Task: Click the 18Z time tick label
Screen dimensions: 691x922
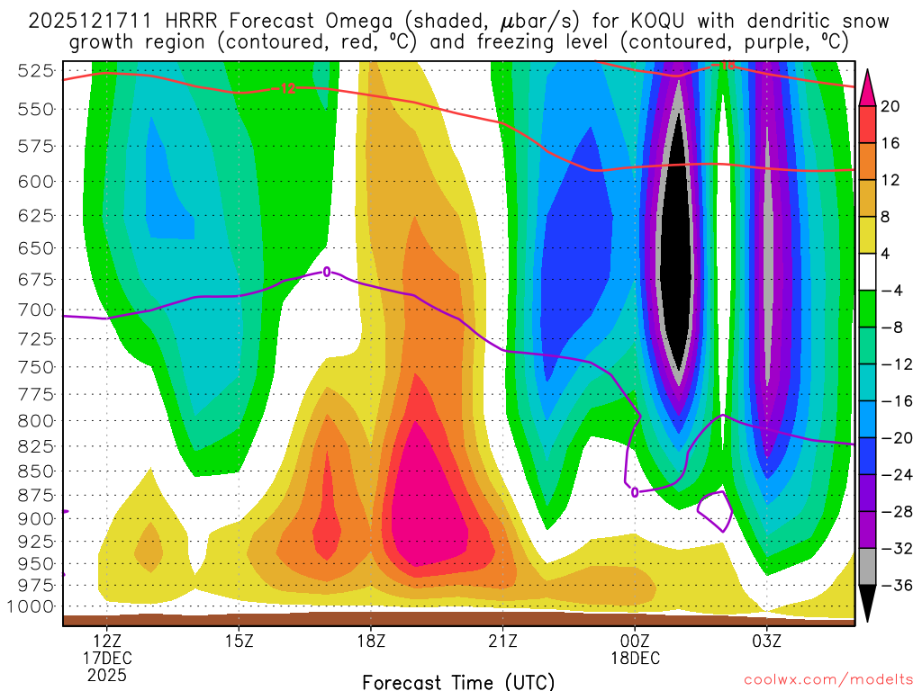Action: (371, 641)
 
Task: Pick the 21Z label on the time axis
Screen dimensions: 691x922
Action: (502, 641)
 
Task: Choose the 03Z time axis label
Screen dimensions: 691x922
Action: (766, 641)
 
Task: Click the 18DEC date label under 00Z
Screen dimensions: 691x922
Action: (635, 658)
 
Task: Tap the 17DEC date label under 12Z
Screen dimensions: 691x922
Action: (107, 658)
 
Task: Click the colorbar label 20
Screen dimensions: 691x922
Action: (890, 106)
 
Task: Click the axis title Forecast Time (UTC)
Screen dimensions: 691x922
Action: (458, 681)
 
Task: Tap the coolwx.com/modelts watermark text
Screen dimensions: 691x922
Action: (827, 680)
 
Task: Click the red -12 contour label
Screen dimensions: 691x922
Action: (286, 88)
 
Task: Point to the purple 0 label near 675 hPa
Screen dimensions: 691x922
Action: (327, 272)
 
